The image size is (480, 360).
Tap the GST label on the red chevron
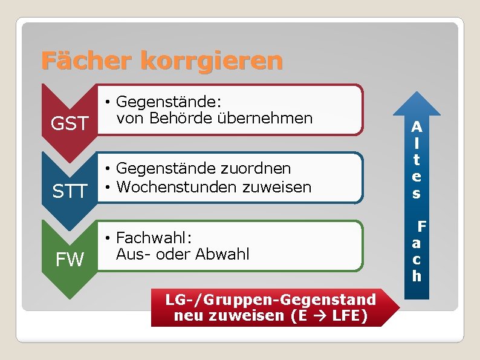click(70, 124)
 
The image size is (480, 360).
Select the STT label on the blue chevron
click(70, 192)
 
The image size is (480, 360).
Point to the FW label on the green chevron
click(70, 260)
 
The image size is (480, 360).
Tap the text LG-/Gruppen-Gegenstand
click(271, 299)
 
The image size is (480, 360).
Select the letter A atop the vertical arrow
click(417, 128)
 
